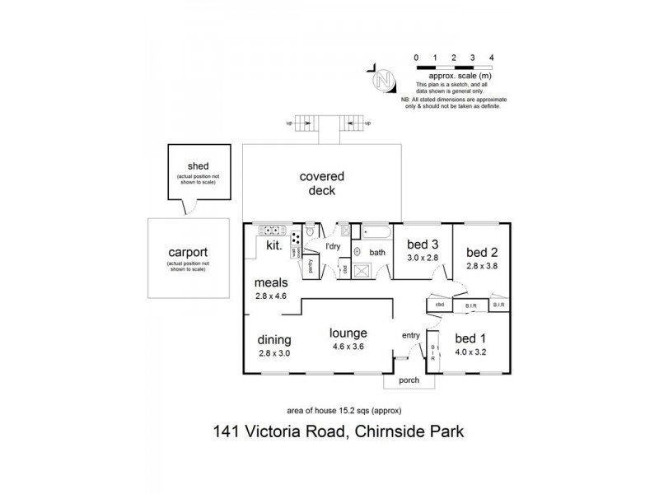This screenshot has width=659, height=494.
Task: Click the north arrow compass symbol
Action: pos(383,81)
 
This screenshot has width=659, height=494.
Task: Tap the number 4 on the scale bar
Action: pos(492,58)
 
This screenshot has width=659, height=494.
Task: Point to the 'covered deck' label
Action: pos(322,184)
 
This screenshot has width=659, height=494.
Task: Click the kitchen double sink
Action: pos(271,231)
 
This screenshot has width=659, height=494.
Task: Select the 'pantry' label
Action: pos(311,266)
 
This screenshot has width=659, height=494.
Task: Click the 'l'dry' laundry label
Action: pos(333,246)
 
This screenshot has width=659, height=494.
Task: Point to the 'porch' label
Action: pos(408,380)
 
